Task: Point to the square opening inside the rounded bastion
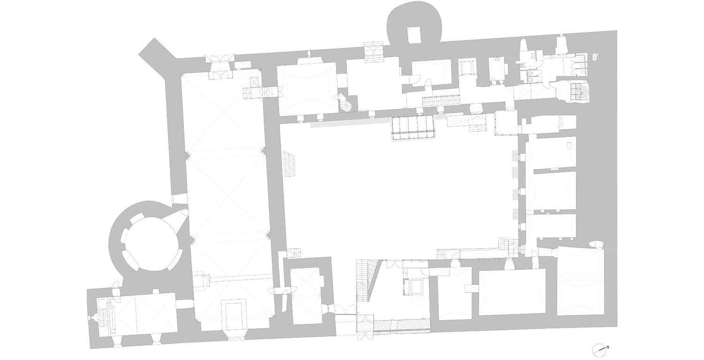pos(414,35)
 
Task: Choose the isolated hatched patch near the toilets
pos(595,57)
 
